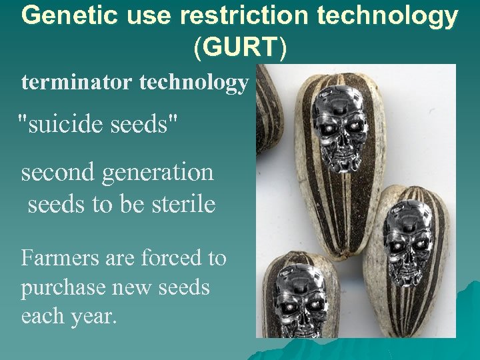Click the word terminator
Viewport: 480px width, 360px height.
tap(77, 83)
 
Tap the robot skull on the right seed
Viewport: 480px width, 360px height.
tap(409, 240)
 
